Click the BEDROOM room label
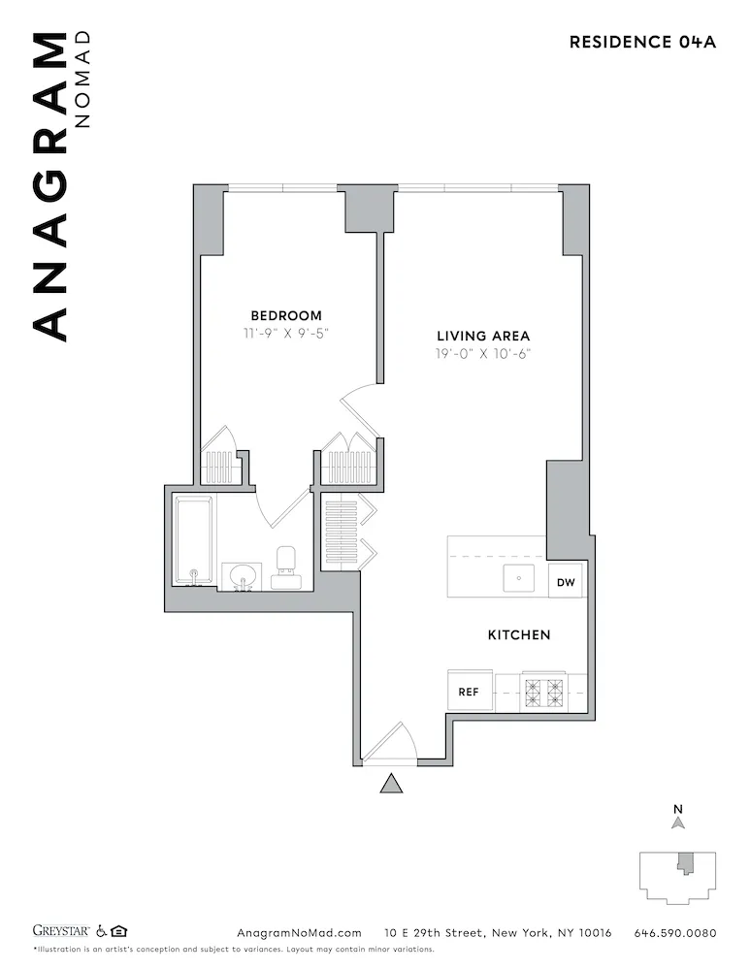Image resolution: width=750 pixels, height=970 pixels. tap(286, 315)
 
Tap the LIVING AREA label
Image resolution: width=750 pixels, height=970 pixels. tap(483, 336)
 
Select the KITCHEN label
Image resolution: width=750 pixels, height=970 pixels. tap(518, 634)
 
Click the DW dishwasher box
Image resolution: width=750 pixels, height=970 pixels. tap(566, 582)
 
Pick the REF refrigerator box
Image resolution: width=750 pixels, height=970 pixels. tap(470, 693)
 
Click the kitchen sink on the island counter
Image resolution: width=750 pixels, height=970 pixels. tap(518, 579)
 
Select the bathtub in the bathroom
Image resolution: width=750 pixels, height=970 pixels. tap(194, 540)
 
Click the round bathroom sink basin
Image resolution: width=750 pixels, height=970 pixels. tap(242, 575)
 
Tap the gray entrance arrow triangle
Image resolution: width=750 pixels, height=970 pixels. tap(391, 784)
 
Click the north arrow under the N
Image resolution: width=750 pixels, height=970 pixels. tap(678, 824)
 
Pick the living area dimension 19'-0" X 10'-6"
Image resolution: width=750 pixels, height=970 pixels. tap(483, 354)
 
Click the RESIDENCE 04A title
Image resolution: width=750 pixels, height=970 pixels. tap(642, 42)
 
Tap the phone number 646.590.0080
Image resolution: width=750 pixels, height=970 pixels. tap(674, 933)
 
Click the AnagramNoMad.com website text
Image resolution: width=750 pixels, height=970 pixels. tap(299, 933)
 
